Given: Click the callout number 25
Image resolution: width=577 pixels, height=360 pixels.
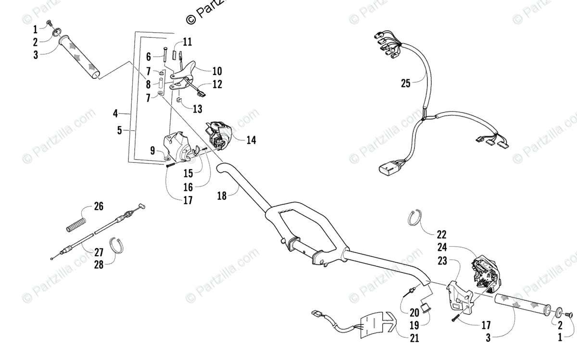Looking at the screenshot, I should click(x=406, y=83).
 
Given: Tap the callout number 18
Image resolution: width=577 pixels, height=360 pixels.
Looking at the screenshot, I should click(x=222, y=195).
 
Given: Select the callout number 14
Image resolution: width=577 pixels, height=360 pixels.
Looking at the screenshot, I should click(x=251, y=140).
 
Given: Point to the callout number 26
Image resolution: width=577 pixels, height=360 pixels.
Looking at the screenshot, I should click(x=99, y=207).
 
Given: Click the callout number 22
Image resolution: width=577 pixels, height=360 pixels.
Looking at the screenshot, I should click(x=441, y=235).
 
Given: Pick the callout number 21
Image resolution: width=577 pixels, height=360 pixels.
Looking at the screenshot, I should click(x=414, y=338).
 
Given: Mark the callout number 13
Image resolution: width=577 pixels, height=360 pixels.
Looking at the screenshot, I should click(x=198, y=109).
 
